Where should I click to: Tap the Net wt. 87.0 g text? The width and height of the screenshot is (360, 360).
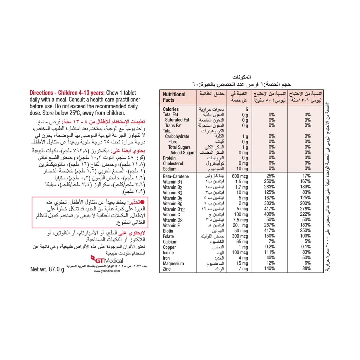pyautogui.click(x=47, y=269)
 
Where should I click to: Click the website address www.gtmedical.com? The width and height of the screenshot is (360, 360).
pyautogui.click(x=106, y=271)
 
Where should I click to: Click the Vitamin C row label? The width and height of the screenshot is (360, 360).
pyautogui.click(x=171, y=214)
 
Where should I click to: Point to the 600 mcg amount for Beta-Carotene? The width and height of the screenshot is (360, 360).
pyautogui.click(x=240, y=176)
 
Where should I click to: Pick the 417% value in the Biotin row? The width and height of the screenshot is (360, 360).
pyautogui.click(x=269, y=230)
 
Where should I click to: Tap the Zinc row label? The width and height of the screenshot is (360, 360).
pyautogui.click(x=167, y=269)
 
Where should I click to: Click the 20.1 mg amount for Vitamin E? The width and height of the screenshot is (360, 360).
pyautogui.click(x=240, y=225)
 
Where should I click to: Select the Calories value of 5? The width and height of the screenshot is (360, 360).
pyautogui.click(x=247, y=109)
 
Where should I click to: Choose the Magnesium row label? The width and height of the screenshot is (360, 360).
pyautogui.click(x=173, y=263)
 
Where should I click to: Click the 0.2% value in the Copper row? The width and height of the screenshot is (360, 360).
pyautogui.click(x=270, y=247)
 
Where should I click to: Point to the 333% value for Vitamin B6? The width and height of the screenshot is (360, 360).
pyautogui.click(x=269, y=203)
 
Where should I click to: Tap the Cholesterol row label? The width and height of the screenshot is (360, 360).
pyautogui.click(x=173, y=163)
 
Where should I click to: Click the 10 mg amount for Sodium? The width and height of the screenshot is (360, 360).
pyautogui.click(x=242, y=169)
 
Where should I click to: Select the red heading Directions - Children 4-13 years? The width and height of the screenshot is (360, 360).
pyautogui.click(x=67, y=93)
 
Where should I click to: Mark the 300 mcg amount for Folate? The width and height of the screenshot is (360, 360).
pyautogui.click(x=240, y=236)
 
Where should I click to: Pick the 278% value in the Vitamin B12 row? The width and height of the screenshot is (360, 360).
pyautogui.click(x=305, y=209)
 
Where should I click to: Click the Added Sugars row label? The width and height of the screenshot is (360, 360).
pyautogui.click(x=183, y=153)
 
